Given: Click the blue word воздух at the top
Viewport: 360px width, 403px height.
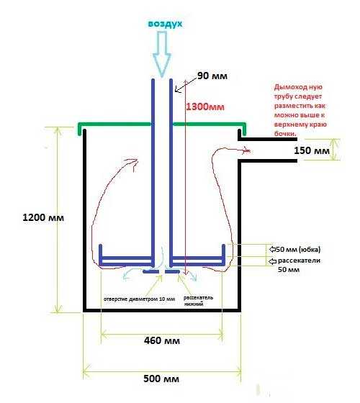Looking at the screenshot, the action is click(165, 24).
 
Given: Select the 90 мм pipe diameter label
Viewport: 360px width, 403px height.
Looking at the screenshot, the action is click(212, 76).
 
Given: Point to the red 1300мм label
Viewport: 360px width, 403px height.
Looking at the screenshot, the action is click(205, 107).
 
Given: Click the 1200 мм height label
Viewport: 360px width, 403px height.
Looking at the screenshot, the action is click(43, 217).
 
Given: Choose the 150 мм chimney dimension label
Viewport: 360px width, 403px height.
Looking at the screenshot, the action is click(312, 150).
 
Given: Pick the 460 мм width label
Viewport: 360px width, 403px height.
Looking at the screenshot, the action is click(162, 340).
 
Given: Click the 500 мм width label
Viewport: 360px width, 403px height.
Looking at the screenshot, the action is click(161, 379).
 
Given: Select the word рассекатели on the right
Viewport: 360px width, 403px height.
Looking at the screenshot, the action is click(299, 261).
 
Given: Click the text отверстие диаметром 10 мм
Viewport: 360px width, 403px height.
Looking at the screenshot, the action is click(139, 299).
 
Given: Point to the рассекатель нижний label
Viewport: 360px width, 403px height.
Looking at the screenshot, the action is click(198, 301).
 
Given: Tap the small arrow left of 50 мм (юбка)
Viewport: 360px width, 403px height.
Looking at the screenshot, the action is click(272, 249).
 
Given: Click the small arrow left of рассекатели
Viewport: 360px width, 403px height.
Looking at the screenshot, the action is click(272, 261).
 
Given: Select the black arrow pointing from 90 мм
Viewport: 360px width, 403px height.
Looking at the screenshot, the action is click(186, 84).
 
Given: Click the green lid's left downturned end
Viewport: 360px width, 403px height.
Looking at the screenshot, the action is click(80, 130).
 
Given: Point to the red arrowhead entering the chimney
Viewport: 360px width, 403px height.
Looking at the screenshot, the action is click(246, 150).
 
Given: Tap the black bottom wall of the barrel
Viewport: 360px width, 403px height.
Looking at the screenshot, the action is click(162, 310).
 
